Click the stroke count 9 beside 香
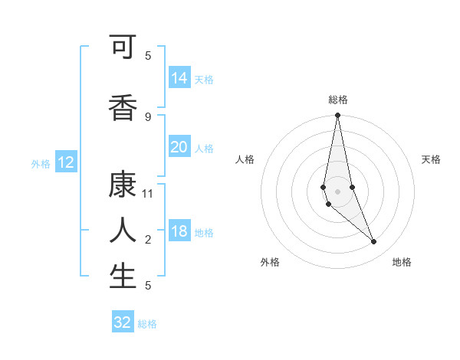click(x=148, y=116)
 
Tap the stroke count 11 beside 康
click(x=148, y=193)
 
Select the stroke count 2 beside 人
click(x=148, y=239)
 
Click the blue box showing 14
click(x=179, y=78)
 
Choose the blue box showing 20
click(x=179, y=148)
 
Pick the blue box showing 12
click(x=66, y=162)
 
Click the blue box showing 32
click(x=123, y=322)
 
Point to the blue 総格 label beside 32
click(x=148, y=324)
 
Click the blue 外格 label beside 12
click(x=41, y=164)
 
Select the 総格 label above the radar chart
click(x=338, y=100)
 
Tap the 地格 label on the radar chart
click(x=402, y=262)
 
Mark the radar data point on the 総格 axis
click(x=337, y=116)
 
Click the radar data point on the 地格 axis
click(x=373, y=242)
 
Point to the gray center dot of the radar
click(x=337, y=191)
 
